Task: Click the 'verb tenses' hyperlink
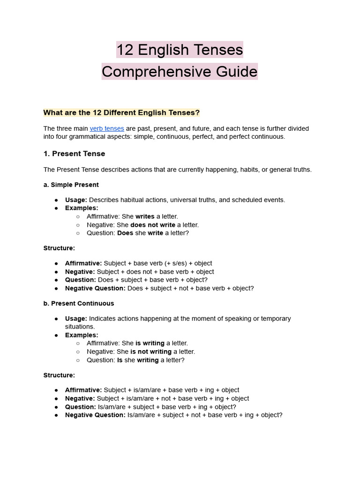pyautogui.click(x=107, y=128)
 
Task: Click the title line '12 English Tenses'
pyautogui.click(x=180, y=50)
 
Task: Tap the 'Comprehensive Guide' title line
pyautogui.click(x=180, y=72)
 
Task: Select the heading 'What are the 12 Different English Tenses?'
pyautogui.click(x=121, y=112)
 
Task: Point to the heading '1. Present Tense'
pyautogui.click(x=74, y=154)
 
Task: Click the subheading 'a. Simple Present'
pyautogui.click(x=71, y=185)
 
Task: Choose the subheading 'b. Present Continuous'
pyautogui.click(x=79, y=303)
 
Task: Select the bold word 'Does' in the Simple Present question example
pyautogui.click(x=125, y=233)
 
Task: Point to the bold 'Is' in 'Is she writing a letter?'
pyautogui.click(x=120, y=360)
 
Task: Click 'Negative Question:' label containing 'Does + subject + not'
pyautogui.click(x=95, y=288)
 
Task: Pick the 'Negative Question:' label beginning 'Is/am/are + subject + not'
pyautogui.click(x=95, y=415)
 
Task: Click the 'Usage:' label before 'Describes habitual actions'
pyautogui.click(x=76, y=200)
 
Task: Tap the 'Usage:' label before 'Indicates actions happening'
pyautogui.click(x=76, y=318)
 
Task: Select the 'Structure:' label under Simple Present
pyautogui.click(x=59, y=248)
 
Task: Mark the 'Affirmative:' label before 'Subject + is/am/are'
pyautogui.click(x=83, y=390)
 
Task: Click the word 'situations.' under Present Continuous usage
pyautogui.click(x=80, y=326)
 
